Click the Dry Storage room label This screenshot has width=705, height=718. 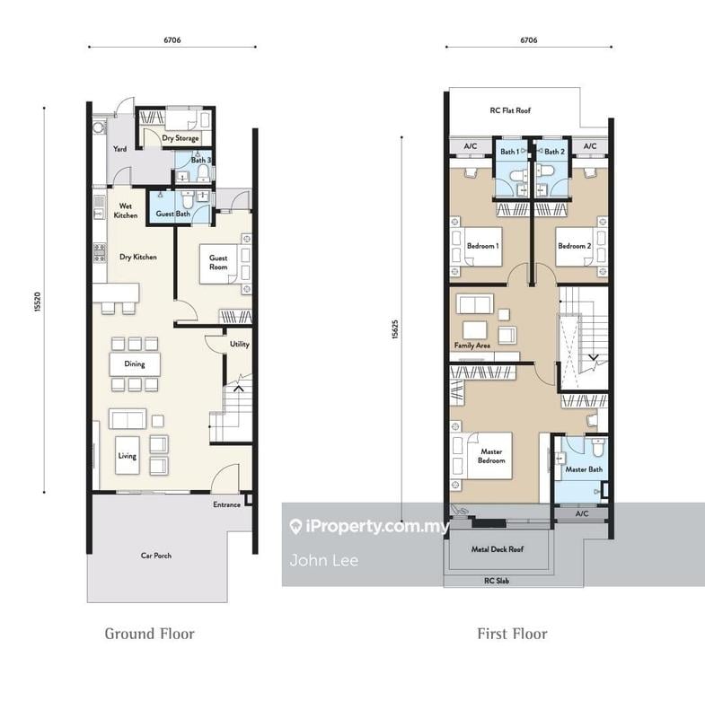point(181,138)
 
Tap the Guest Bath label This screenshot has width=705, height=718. point(172,214)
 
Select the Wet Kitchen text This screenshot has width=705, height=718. point(126,211)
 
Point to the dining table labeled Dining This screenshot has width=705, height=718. point(135,364)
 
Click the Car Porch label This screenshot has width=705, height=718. point(156,556)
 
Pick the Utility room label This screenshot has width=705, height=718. point(240,344)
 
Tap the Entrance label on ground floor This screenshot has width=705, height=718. point(226,504)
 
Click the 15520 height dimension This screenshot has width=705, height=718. point(38,302)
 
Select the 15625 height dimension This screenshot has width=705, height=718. point(395,329)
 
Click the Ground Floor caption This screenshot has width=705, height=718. point(149,634)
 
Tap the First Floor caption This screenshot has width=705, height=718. point(512,634)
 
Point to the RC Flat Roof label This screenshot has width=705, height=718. point(510,110)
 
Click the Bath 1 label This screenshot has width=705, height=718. point(510,152)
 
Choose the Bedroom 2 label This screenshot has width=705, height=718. point(575,246)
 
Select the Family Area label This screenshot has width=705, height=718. point(471,346)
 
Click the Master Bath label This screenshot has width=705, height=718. point(584,469)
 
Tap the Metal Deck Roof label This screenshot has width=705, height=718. point(498,549)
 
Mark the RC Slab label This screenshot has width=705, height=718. point(497,581)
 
